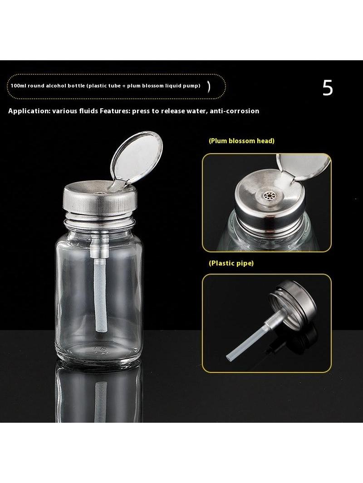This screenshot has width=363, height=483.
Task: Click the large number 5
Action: click(328, 88)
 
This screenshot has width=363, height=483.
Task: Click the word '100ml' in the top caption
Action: click(18, 86)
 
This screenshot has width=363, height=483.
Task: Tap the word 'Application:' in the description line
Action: click(29, 111)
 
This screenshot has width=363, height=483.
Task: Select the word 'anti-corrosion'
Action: click(235, 111)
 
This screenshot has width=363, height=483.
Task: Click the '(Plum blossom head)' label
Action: click(241, 141)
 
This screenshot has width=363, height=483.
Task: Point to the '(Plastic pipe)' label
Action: click(231, 263)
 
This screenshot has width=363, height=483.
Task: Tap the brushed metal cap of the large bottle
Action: click(100, 199)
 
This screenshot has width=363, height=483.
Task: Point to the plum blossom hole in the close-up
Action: click(266, 195)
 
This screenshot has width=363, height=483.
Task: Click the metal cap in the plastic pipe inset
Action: click(293, 303)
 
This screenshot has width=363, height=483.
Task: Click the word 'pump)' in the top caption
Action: click(193, 86)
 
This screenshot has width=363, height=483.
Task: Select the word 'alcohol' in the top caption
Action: click(54, 86)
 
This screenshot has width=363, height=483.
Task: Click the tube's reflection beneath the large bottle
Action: click(101, 402)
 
